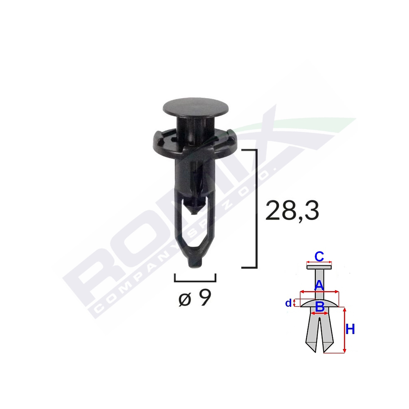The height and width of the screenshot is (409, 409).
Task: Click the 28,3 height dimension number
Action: (x=292, y=211)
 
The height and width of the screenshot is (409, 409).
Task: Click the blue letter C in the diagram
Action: (x=319, y=256)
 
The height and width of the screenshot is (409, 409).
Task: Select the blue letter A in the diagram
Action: (x=319, y=285)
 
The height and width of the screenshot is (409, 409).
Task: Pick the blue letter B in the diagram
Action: (x=319, y=306)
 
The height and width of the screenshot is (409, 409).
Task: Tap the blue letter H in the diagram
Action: (x=350, y=329)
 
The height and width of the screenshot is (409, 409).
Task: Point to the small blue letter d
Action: (x=289, y=303)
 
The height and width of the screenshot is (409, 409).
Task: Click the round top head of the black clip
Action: (x=195, y=107)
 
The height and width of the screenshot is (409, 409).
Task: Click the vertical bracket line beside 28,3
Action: (x=256, y=209)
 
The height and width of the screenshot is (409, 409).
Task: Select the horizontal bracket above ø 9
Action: (x=195, y=281)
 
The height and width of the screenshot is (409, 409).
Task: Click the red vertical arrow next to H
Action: (x=344, y=330)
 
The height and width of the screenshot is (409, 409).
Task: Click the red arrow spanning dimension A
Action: (x=319, y=292)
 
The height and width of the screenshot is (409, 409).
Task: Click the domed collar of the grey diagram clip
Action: (x=319, y=303)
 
